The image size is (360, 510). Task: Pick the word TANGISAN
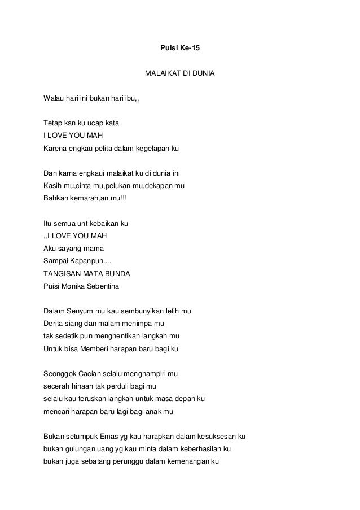pos(62,273)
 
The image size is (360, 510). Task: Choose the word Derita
pos(54,323)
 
